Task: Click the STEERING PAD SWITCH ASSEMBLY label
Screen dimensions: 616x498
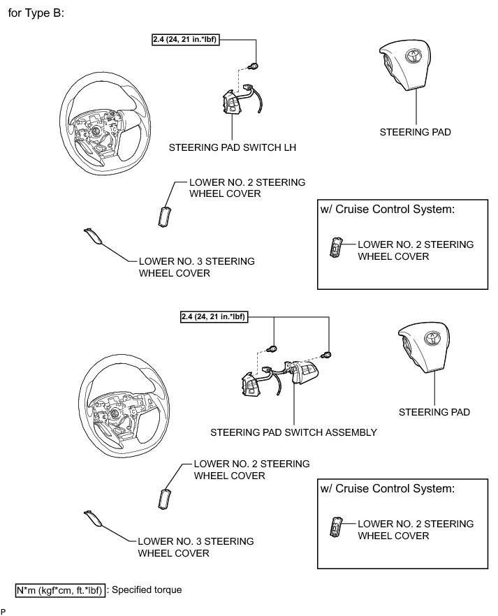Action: click(293, 432)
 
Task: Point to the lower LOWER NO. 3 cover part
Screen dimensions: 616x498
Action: click(92, 518)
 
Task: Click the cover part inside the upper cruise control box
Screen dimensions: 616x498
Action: click(337, 248)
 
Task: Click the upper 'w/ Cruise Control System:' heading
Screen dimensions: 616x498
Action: click(389, 210)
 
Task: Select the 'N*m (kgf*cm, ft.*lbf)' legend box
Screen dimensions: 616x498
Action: click(61, 591)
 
